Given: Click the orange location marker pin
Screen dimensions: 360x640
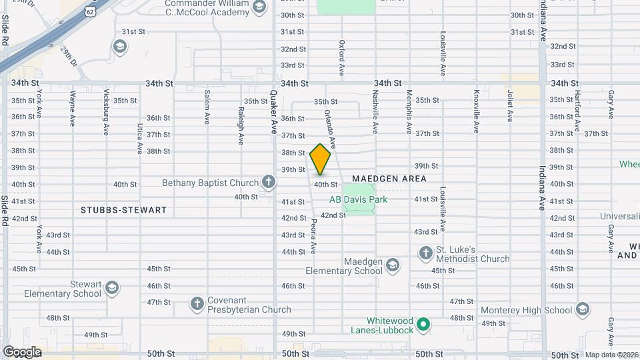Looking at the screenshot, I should point(320,159).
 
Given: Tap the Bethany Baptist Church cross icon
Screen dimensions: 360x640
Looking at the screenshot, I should point(268,181).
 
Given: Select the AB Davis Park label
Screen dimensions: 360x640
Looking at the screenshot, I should point(358,199).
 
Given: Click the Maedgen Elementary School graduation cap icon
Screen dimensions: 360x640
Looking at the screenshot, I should point(393,265).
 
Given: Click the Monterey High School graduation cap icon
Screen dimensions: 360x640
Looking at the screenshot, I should point(583,309).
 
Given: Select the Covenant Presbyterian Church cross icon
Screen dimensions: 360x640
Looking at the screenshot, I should point(197,303).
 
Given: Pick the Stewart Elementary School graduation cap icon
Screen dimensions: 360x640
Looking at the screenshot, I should point(112,288).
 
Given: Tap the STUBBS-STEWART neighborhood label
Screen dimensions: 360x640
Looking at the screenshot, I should point(123,210).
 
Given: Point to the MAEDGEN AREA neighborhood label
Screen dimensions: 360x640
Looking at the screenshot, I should point(389,179).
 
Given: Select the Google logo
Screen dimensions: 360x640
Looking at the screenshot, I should point(22,351).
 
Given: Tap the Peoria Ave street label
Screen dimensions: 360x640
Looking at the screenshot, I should point(313,238).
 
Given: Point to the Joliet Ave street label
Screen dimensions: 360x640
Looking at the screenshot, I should point(509,106).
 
